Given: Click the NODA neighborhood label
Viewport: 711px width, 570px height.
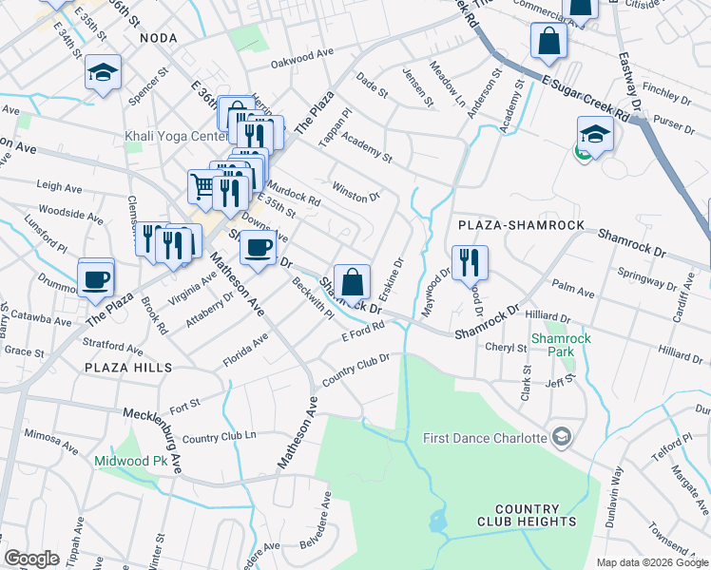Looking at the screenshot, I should click(159, 37).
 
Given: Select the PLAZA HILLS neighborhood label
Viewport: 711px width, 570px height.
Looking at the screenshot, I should click(128, 367).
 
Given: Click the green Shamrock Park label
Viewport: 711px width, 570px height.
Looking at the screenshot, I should click(554, 344).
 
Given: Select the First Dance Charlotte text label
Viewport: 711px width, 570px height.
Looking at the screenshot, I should click(485, 438).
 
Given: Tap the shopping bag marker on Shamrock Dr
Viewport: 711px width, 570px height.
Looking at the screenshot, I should click(352, 282).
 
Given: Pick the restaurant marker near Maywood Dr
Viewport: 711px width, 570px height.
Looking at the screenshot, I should click(469, 262).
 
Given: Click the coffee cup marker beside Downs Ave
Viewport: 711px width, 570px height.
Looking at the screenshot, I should click(258, 249).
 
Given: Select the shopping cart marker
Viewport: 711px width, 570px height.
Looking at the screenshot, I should click(203, 187).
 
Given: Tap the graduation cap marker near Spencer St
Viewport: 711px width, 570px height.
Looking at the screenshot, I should click(103, 73).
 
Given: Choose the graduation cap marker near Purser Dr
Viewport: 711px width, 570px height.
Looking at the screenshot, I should click(595, 134).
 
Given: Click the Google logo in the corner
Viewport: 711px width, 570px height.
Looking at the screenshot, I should click(31, 559).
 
